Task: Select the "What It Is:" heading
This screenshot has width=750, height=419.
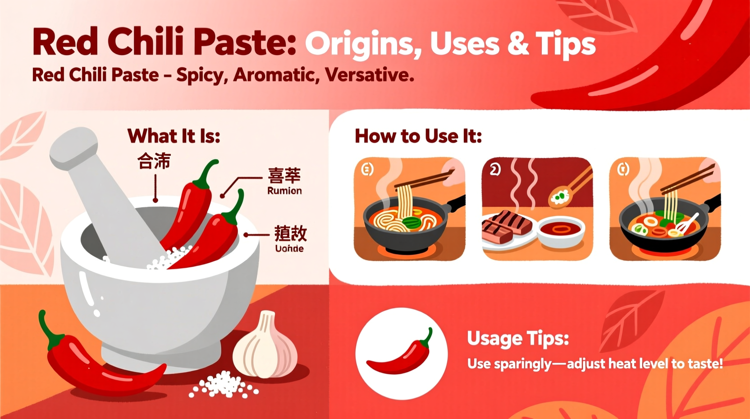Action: [x=174, y=136]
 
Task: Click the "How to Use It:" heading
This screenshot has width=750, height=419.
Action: [x=418, y=136]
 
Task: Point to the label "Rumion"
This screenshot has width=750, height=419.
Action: [x=284, y=191]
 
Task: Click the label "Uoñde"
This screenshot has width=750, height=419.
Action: [x=289, y=248]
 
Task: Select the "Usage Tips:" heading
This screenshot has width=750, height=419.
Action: [x=518, y=338]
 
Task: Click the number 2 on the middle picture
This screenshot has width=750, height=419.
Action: [x=495, y=169]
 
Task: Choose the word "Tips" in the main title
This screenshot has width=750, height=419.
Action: [x=566, y=44]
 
